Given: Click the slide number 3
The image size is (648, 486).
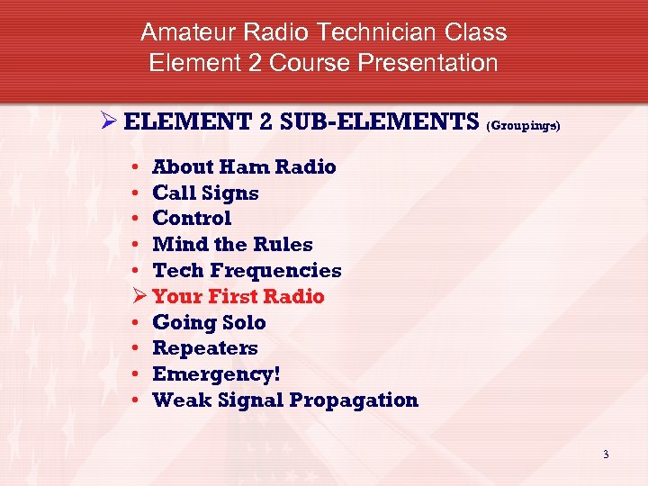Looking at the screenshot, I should click(x=606, y=454).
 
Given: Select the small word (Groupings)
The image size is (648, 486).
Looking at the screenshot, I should click(x=523, y=127).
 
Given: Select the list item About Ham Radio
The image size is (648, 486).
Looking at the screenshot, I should click(x=244, y=166).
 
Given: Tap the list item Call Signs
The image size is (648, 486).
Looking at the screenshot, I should click(x=205, y=193).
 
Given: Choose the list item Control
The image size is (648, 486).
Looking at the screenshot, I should click(x=192, y=218).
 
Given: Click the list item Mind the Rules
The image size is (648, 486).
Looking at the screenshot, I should click(x=232, y=244).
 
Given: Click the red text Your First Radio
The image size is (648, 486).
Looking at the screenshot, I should click(x=238, y=296).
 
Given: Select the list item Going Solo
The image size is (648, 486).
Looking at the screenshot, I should click(x=209, y=322).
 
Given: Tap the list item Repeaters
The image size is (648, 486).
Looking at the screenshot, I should click(x=205, y=347).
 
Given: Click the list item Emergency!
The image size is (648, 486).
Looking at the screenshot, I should click(x=211, y=373).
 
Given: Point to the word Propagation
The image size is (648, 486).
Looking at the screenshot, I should click(x=353, y=400).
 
